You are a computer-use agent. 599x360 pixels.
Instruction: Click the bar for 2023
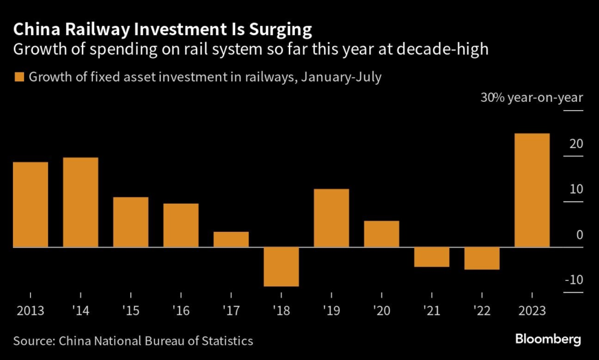click(x=532, y=190)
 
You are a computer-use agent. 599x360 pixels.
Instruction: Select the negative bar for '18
click(x=281, y=267)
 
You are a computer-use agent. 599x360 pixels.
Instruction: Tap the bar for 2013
click(x=30, y=204)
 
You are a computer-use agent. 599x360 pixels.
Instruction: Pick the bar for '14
click(x=81, y=203)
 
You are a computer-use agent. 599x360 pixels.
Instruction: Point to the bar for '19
click(x=332, y=218)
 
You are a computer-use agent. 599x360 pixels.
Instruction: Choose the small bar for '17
click(x=231, y=239)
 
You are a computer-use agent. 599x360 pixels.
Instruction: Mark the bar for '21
click(x=432, y=257)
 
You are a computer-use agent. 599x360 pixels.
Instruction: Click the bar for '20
click(x=381, y=234)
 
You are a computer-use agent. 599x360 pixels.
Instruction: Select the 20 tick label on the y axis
click(x=576, y=143)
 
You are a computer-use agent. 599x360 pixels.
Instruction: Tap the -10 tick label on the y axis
click(x=574, y=279)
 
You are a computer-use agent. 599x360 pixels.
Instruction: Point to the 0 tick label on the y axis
click(x=579, y=235)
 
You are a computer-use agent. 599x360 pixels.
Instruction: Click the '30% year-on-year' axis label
click(x=532, y=97)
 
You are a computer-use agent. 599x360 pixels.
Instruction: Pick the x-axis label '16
click(x=181, y=311)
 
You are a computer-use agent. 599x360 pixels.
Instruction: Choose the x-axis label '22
click(x=481, y=311)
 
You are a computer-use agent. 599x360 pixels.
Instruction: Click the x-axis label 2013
click(x=30, y=311)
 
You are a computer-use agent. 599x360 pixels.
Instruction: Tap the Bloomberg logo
click(x=548, y=339)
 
